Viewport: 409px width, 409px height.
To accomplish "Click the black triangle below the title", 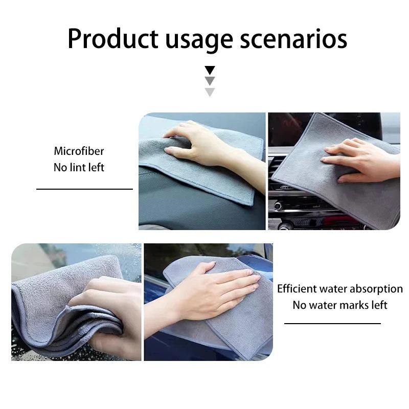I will (210, 70).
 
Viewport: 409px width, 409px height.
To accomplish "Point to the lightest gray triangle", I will (210, 92).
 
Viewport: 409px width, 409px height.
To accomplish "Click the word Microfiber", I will (79, 151).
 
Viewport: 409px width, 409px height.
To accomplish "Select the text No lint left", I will (79, 167).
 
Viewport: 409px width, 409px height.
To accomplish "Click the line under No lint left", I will (84, 189).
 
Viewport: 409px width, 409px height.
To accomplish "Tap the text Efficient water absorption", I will (340, 288).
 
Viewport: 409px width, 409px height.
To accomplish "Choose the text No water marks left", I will (340, 305).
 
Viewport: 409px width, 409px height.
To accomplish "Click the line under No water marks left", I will (332, 323).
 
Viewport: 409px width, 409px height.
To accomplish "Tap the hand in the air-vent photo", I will (358, 158).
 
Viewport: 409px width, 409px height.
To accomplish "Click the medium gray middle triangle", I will (210, 81).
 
